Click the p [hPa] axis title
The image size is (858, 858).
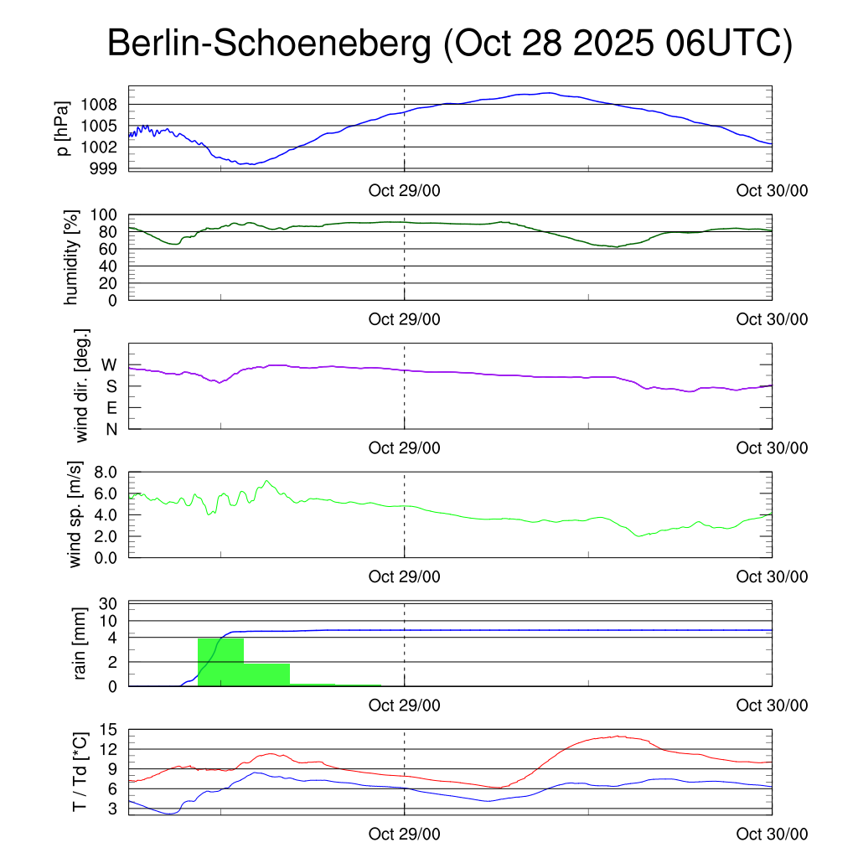[62, 127]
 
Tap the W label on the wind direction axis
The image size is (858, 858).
[109, 365]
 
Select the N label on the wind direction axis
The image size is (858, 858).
[110, 429]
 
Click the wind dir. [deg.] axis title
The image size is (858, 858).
[81, 385]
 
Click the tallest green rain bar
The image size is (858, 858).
[221, 662]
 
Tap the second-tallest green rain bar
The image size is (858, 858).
[266, 675]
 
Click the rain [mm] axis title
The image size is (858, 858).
[81, 644]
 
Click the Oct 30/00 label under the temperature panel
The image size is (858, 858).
[772, 835]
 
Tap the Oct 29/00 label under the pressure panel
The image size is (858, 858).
[405, 190]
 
